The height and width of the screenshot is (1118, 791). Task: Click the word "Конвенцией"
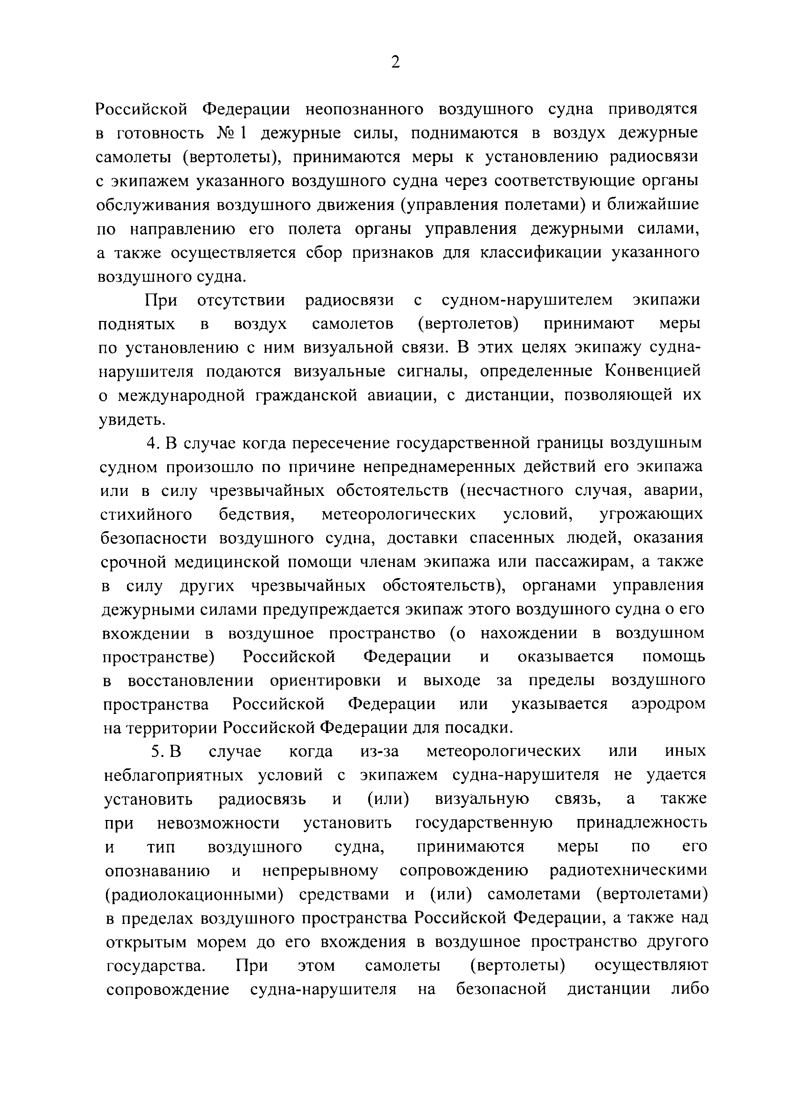(653, 371)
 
